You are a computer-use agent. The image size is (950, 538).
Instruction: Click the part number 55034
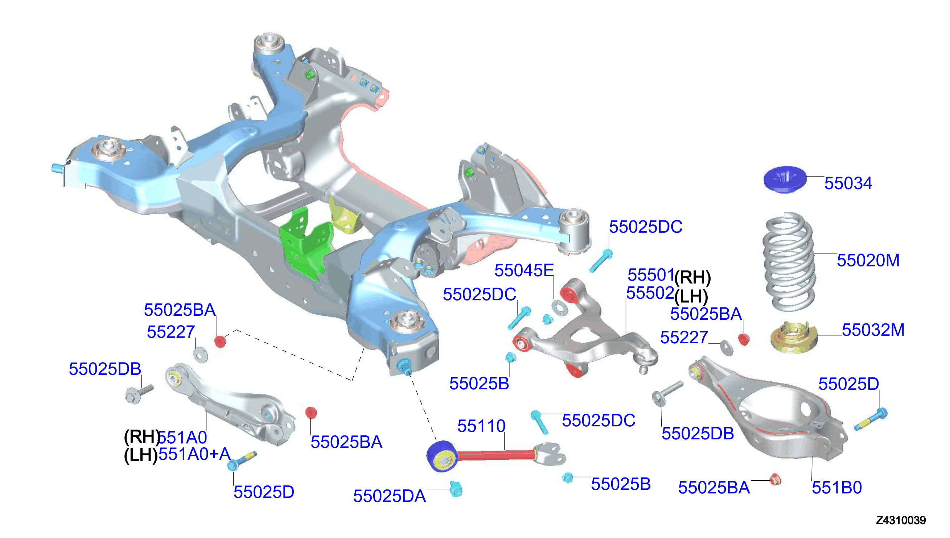pyautogui.click(x=848, y=183)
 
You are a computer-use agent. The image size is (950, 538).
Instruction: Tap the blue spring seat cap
pyautogui.click(x=784, y=179)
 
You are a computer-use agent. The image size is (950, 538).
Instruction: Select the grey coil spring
pyautogui.click(x=789, y=262)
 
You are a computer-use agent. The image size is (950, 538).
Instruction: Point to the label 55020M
pyautogui.click(x=868, y=261)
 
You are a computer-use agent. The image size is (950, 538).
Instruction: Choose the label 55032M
pyautogui.click(x=873, y=330)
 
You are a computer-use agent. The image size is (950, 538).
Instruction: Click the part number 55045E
pyautogui.click(x=524, y=270)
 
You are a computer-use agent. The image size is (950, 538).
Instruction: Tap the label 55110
pyautogui.click(x=481, y=426)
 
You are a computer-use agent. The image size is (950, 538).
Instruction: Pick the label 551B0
pyautogui.click(x=836, y=488)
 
